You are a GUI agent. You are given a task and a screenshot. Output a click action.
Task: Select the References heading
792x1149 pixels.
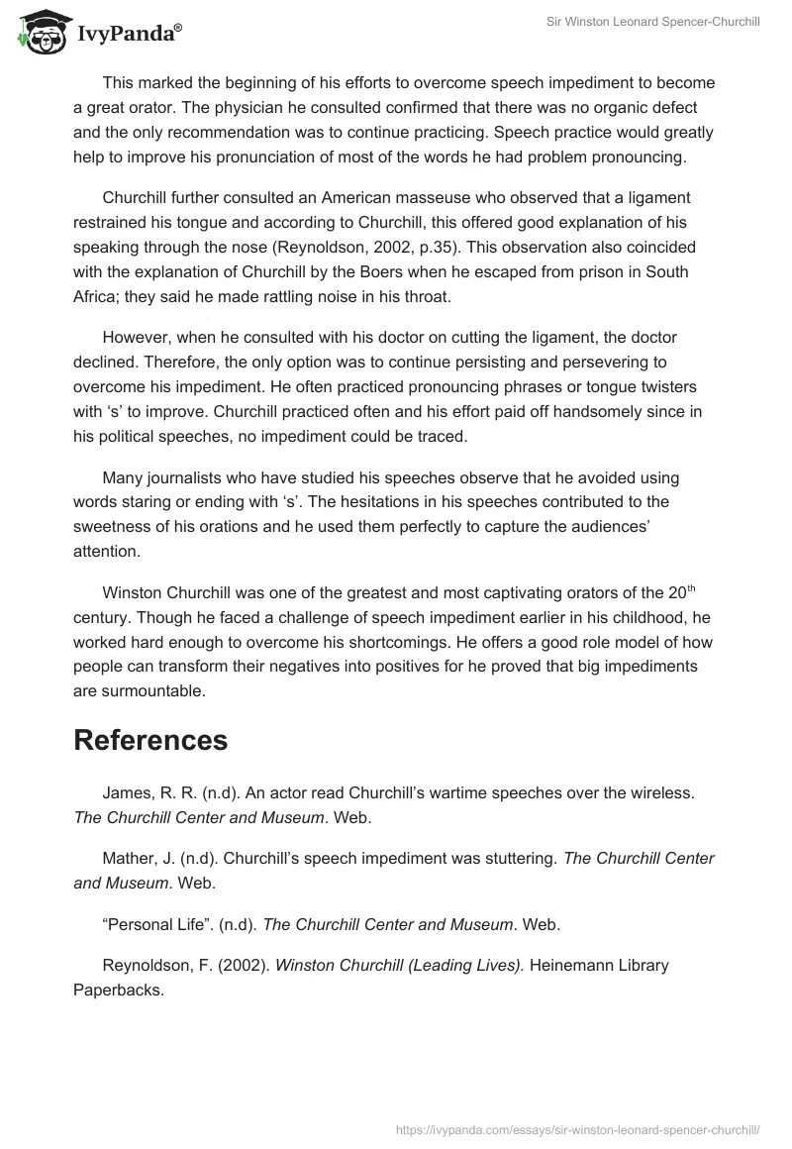[150, 740]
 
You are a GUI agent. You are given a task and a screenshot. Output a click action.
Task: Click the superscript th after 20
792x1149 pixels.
[692, 588]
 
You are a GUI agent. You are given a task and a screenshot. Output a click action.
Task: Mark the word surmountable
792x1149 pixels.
[141, 691]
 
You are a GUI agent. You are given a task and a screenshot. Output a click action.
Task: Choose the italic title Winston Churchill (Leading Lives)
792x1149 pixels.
[399, 965]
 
